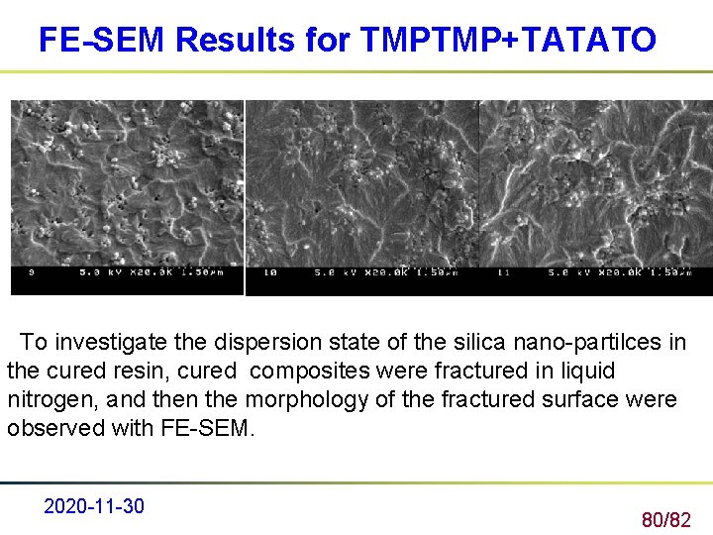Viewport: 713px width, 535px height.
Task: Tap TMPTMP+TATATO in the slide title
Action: (x=509, y=40)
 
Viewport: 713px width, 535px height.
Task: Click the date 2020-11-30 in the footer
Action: (x=94, y=506)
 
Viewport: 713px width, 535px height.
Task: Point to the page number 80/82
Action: (x=665, y=519)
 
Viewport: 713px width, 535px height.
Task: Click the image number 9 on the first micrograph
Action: (x=32, y=271)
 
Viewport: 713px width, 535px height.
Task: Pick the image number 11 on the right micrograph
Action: (x=503, y=271)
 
